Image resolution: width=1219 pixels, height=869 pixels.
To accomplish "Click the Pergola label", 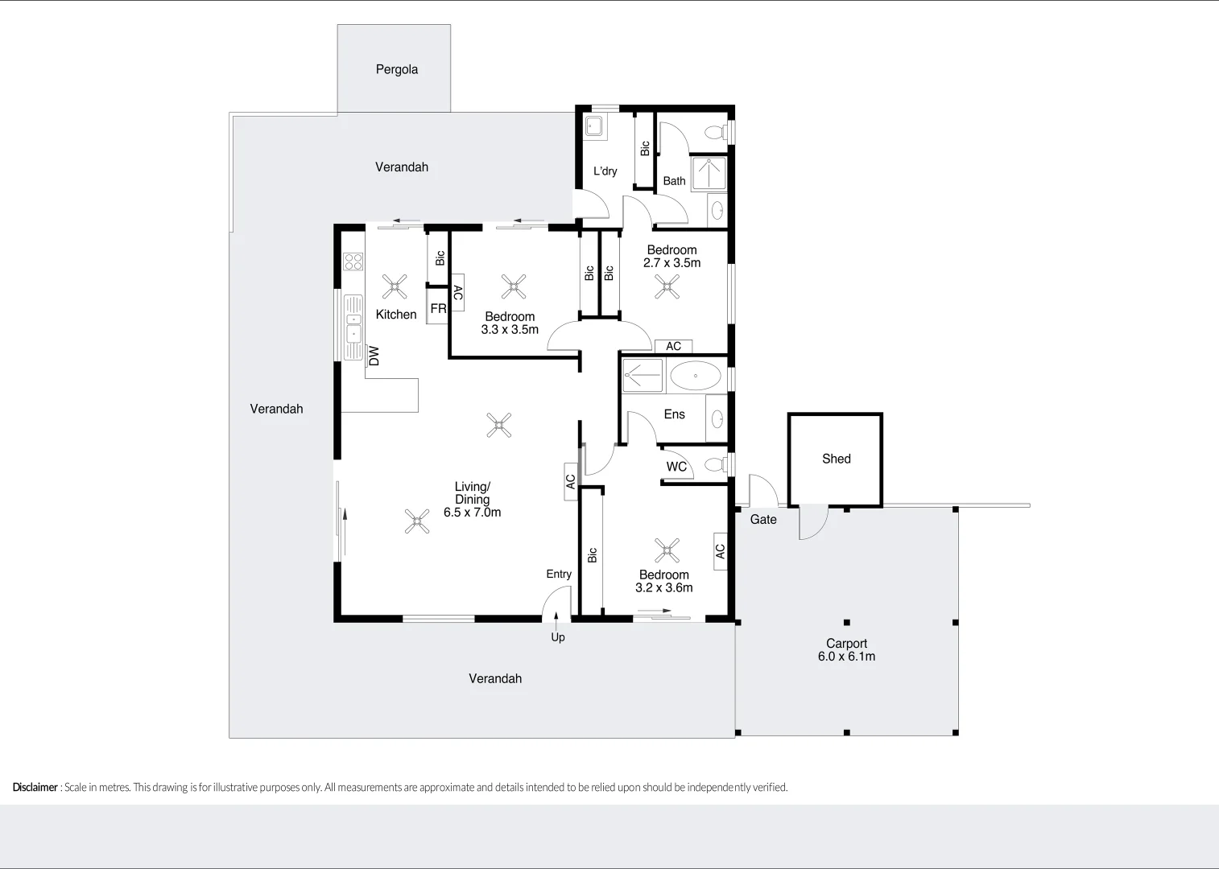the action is pos(397,70).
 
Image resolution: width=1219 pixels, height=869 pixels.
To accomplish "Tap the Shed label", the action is pos(837,459).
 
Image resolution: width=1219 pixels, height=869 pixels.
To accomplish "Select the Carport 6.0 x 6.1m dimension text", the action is pos(846,657).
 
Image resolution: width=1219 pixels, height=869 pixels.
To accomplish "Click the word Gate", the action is pos(763,519).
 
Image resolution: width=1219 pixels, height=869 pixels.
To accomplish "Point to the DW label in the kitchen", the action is pos(374,356).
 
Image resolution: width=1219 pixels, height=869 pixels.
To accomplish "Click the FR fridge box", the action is pos(437,307).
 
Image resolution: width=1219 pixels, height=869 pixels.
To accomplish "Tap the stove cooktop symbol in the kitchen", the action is pos(353,262).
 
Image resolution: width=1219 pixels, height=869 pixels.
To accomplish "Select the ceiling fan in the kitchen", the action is pos(395,286).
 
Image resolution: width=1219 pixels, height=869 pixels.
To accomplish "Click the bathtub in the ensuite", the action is pos(696,375).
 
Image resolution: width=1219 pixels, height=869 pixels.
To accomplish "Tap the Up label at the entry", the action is pos(558,637).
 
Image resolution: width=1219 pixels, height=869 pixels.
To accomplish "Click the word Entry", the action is pos(559,575).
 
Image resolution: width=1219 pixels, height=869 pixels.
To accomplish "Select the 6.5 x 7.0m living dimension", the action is pos(472,513).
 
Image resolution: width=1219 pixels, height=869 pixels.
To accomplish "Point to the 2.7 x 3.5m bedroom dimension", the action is pos(671,262).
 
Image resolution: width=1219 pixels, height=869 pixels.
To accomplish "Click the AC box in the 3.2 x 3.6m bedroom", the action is pos(721,551).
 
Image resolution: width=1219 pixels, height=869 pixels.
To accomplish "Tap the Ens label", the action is pos(674,414).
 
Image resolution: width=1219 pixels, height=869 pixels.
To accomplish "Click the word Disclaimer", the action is pos(35,787).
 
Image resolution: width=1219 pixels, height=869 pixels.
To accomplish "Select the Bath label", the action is pos(674,181).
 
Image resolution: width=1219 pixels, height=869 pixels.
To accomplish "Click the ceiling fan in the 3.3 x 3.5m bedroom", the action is pos(513,286).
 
